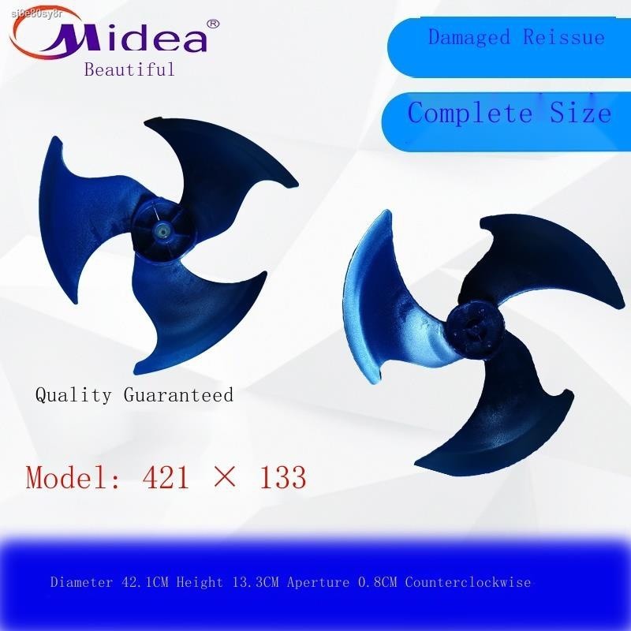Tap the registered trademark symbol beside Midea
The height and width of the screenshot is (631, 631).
click(212, 24)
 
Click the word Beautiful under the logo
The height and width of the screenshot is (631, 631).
click(129, 69)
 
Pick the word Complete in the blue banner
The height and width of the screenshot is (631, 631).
click(470, 113)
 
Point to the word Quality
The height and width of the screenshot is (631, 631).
click(74, 394)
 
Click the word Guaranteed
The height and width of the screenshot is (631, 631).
click(178, 394)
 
